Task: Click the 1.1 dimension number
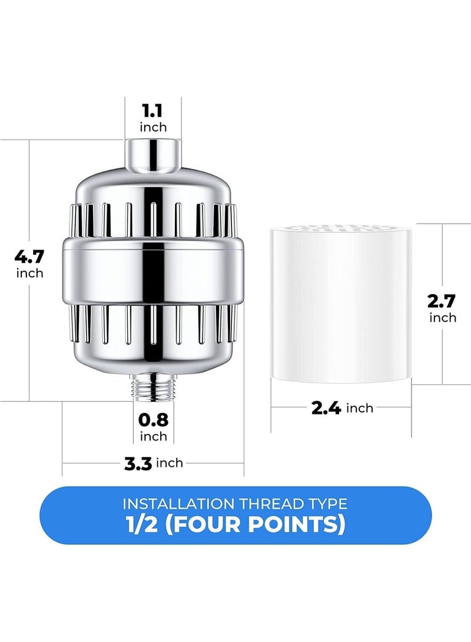[152, 111]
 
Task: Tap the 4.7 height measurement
[29, 257]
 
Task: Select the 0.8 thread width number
[153, 420]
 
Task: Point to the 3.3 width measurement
[138, 464]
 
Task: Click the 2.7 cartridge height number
[442, 301]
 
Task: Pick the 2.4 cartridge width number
[326, 408]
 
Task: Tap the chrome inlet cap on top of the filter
[152, 154]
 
